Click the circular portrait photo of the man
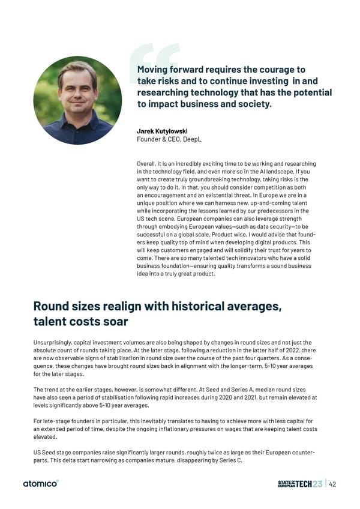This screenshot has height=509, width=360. pos(77,100)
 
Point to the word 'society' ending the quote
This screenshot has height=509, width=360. pos(253,104)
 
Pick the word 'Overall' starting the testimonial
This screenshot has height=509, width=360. pos(147,164)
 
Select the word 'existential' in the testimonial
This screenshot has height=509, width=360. pos(218,195)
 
